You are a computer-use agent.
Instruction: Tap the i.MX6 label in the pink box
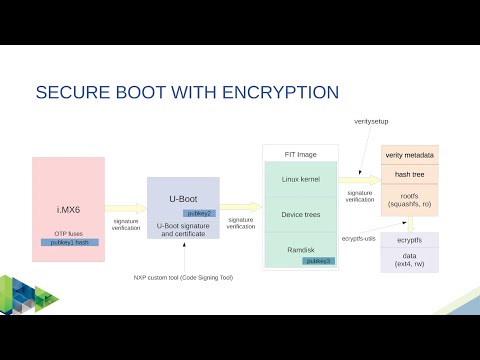(x=68, y=209)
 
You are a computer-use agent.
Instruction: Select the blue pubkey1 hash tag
(x=70, y=242)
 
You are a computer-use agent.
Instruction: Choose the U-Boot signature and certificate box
(x=183, y=229)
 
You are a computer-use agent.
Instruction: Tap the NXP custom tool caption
(x=183, y=277)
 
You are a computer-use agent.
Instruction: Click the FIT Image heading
(x=300, y=153)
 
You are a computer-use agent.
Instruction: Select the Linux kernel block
(x=300, y=179)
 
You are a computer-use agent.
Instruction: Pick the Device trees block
(x=300, y=213)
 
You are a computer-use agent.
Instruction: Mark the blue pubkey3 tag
(x=319, y=260)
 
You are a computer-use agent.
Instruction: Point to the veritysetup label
(x=371, y=121)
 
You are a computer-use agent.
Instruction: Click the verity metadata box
(x=409, y=155)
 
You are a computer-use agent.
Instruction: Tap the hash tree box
(x=409, y=173)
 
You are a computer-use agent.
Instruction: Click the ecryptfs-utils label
(x=359, y=239)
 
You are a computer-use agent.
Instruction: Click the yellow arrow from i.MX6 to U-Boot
(x=125, y=209)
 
